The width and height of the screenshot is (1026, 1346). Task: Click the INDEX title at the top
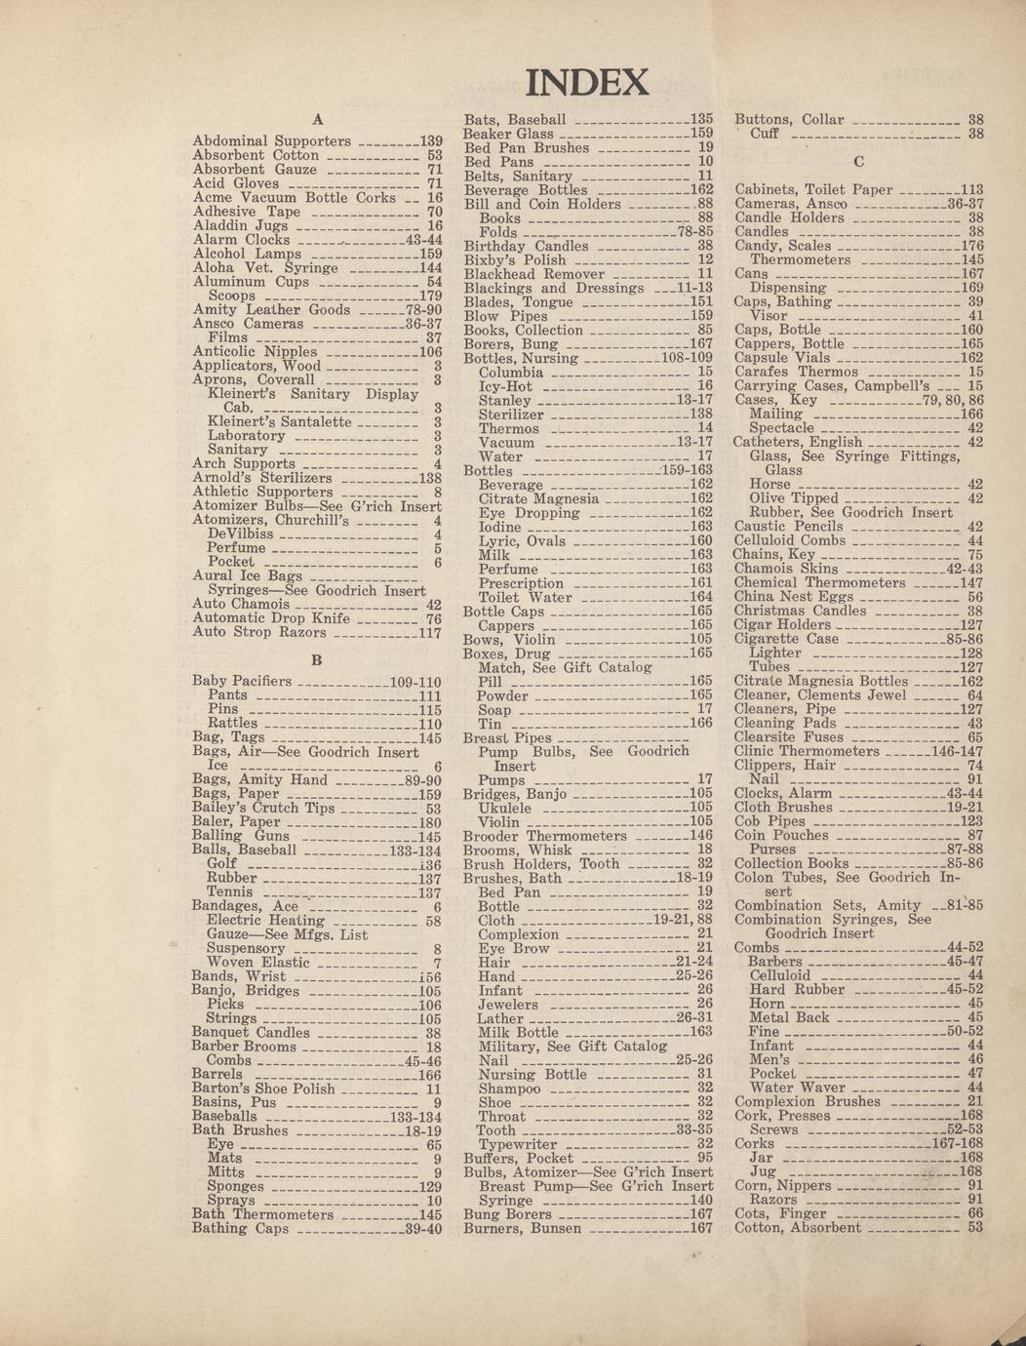(587, 82)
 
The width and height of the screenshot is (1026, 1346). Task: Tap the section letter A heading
(316, 120)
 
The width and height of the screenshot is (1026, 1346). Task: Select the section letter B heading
(316, 660)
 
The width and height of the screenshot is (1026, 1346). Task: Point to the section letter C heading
(858, 161)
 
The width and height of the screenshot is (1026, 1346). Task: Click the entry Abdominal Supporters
(271, 141)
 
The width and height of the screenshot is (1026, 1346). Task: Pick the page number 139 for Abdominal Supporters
(430, 141)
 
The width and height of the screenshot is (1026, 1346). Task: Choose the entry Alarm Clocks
(241, 240)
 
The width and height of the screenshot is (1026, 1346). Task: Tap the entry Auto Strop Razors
(258, 632)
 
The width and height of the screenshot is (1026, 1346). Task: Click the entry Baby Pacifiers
(242, 681)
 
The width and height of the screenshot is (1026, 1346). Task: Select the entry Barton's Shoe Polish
(263, 1089)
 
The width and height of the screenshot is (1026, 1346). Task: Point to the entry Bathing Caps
(240, 1229)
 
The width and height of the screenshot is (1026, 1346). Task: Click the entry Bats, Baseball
(514, 120)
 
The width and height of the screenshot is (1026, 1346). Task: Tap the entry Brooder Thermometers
(544, 836)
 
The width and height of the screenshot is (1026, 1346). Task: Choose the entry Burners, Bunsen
(522, 1229)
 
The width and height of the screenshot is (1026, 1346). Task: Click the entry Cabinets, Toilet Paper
(813, 190)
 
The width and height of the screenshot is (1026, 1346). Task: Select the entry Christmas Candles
(800, 611)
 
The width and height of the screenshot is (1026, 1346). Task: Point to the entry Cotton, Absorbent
(797, 1228)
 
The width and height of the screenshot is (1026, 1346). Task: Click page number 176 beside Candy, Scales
(971, 247)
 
